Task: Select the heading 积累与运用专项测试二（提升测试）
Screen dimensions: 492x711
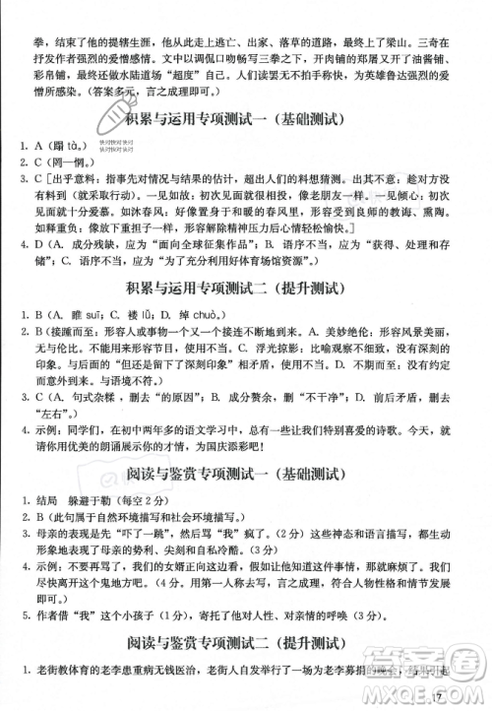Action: (x=246, y=289)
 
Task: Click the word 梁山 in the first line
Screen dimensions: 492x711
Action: (x=401, y=17)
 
